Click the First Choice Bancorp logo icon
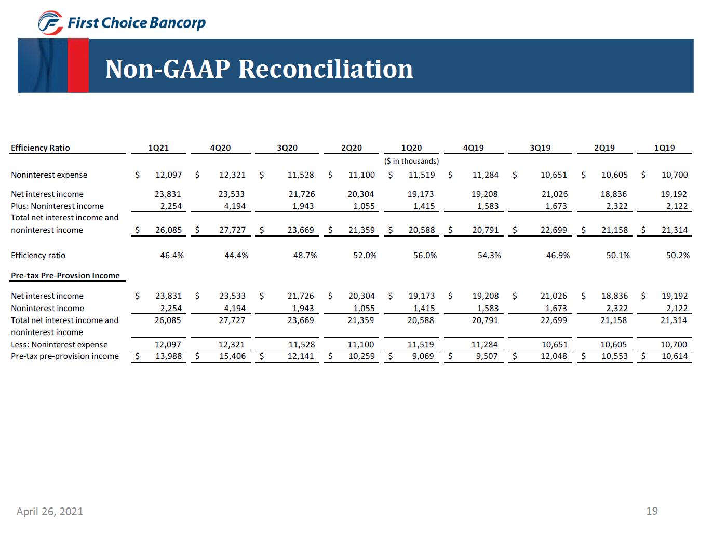click(x=51, y=23)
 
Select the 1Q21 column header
click(x=158, y=148)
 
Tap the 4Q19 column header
click(x=473, y=148)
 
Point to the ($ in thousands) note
click(x=411, y=161)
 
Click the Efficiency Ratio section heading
click(x=41, y=148)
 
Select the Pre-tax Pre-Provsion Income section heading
click(x=65, y=276)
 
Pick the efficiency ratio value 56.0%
click(x=425, y=256)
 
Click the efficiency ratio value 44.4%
click(x=236, y=256)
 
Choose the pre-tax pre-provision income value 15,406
click(x=232, y=356)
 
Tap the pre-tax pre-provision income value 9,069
click(x=423, y=356)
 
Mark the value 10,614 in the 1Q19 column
click(x=674, y=356)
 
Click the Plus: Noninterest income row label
click(x=57, y=206)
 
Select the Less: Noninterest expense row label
click(x=59, y=345)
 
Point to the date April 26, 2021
click(x=50, y=512)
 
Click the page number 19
click(x=652, y=511)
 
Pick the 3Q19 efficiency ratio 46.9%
click(x=558, y=256)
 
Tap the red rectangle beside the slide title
click(x=78, y=65)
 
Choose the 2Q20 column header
click(x=352, y=148)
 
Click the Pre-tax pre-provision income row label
click(x=65, y=356)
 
